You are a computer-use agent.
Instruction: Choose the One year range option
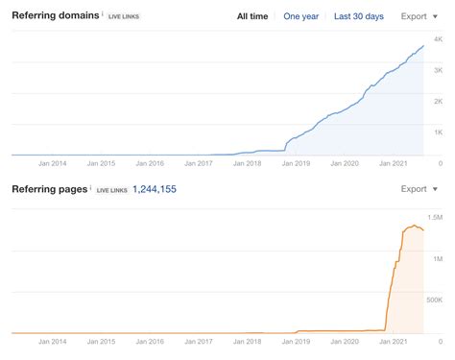point(302,16)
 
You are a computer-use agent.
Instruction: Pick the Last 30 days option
point(359,16)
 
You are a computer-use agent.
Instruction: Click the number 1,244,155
point(154,189)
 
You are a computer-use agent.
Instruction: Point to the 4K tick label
point(438,38)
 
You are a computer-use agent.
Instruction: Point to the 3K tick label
point(438,70)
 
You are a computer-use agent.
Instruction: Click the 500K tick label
point(434,300)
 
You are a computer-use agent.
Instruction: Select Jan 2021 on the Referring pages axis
point(395,342)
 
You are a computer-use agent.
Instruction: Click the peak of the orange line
point(415,226)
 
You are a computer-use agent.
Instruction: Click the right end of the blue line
point(423,46)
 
